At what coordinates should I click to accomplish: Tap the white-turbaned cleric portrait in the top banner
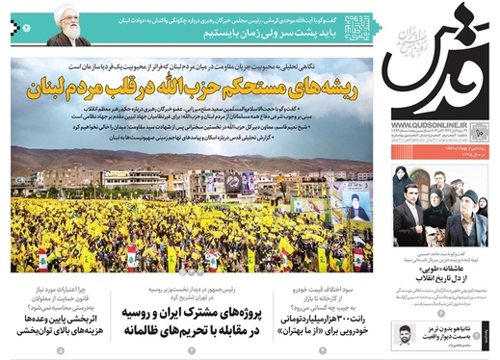[x=68, y=27]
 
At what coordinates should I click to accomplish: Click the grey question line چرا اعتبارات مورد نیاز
[x=63, y=287]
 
